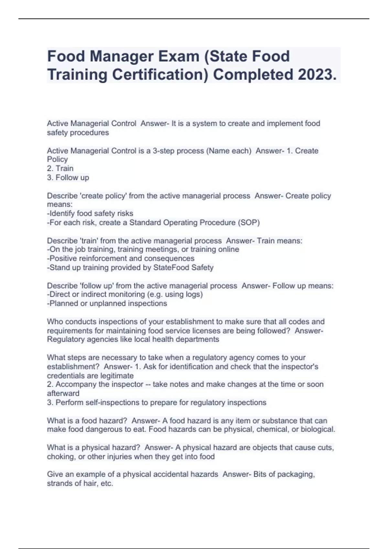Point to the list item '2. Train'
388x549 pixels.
pyautogui.click(x=60, y=169)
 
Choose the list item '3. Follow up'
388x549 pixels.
pyautogui.click(x=68, y=178)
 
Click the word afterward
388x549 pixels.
pyautogui.click(x=63, y=393)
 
